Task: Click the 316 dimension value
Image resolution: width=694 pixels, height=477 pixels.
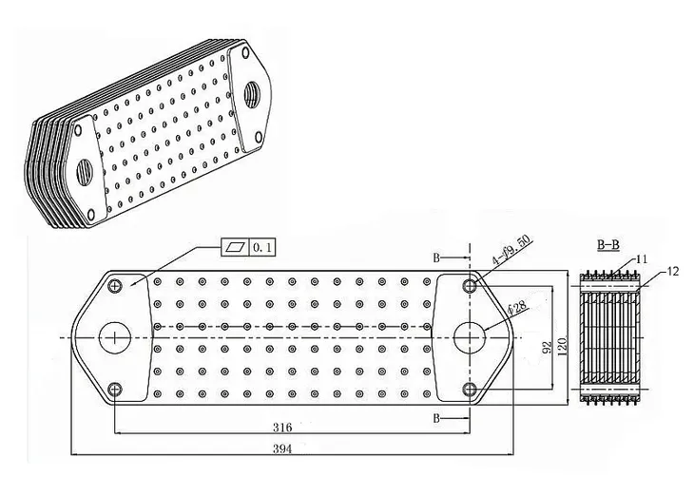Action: [x=282, y=428]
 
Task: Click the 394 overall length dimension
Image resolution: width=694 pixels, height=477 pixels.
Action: [x=282, y=449]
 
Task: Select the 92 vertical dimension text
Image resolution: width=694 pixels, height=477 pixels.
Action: [x=548, y=348]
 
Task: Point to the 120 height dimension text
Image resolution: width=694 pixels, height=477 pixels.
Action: [x=563, y=347]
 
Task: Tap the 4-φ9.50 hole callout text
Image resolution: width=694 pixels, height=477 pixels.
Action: [x=511, y=250]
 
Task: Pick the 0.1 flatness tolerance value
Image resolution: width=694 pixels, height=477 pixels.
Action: [x=262, y=247]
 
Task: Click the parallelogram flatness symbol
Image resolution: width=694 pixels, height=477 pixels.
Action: [x=235, y=247]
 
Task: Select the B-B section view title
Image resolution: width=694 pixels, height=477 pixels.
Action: [x=608, y=244]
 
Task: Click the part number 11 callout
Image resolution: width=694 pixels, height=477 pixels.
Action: [x=642, y=259]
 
